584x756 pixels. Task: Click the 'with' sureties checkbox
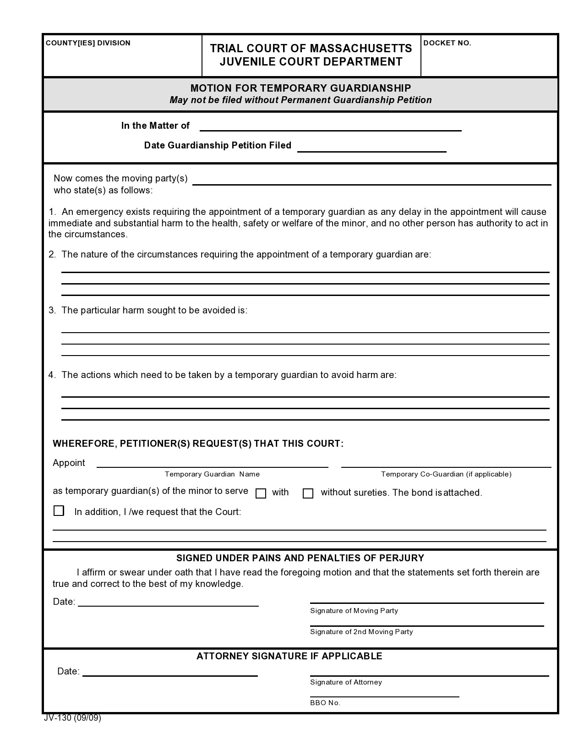click(x=261, y=493)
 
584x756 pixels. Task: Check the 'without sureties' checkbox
click(x=308, y=493)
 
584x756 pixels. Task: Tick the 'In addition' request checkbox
click(x=59, y=511)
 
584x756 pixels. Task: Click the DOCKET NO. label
click(x=447, y=43)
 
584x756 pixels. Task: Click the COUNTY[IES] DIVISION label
click(x=88, y=43)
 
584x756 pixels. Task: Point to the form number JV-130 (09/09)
click(x=72, y=718)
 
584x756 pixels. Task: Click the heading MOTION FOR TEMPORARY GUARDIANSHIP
click(x=300, y=88)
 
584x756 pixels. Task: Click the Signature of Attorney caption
click(x=346, y=682)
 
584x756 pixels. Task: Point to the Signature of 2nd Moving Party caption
click(x=361, y=632)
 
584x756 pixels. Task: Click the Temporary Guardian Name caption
click(x=212, y=474)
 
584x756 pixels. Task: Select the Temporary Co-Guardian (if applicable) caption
click(x=446, y=474)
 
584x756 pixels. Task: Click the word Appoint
click(x=69, y=463)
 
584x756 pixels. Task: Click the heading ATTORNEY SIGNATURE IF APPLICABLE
click(x=289, y=656)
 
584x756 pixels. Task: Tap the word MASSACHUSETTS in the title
click(x=360, y=49)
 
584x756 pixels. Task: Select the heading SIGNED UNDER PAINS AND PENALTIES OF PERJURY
click(x=300, y=558)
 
